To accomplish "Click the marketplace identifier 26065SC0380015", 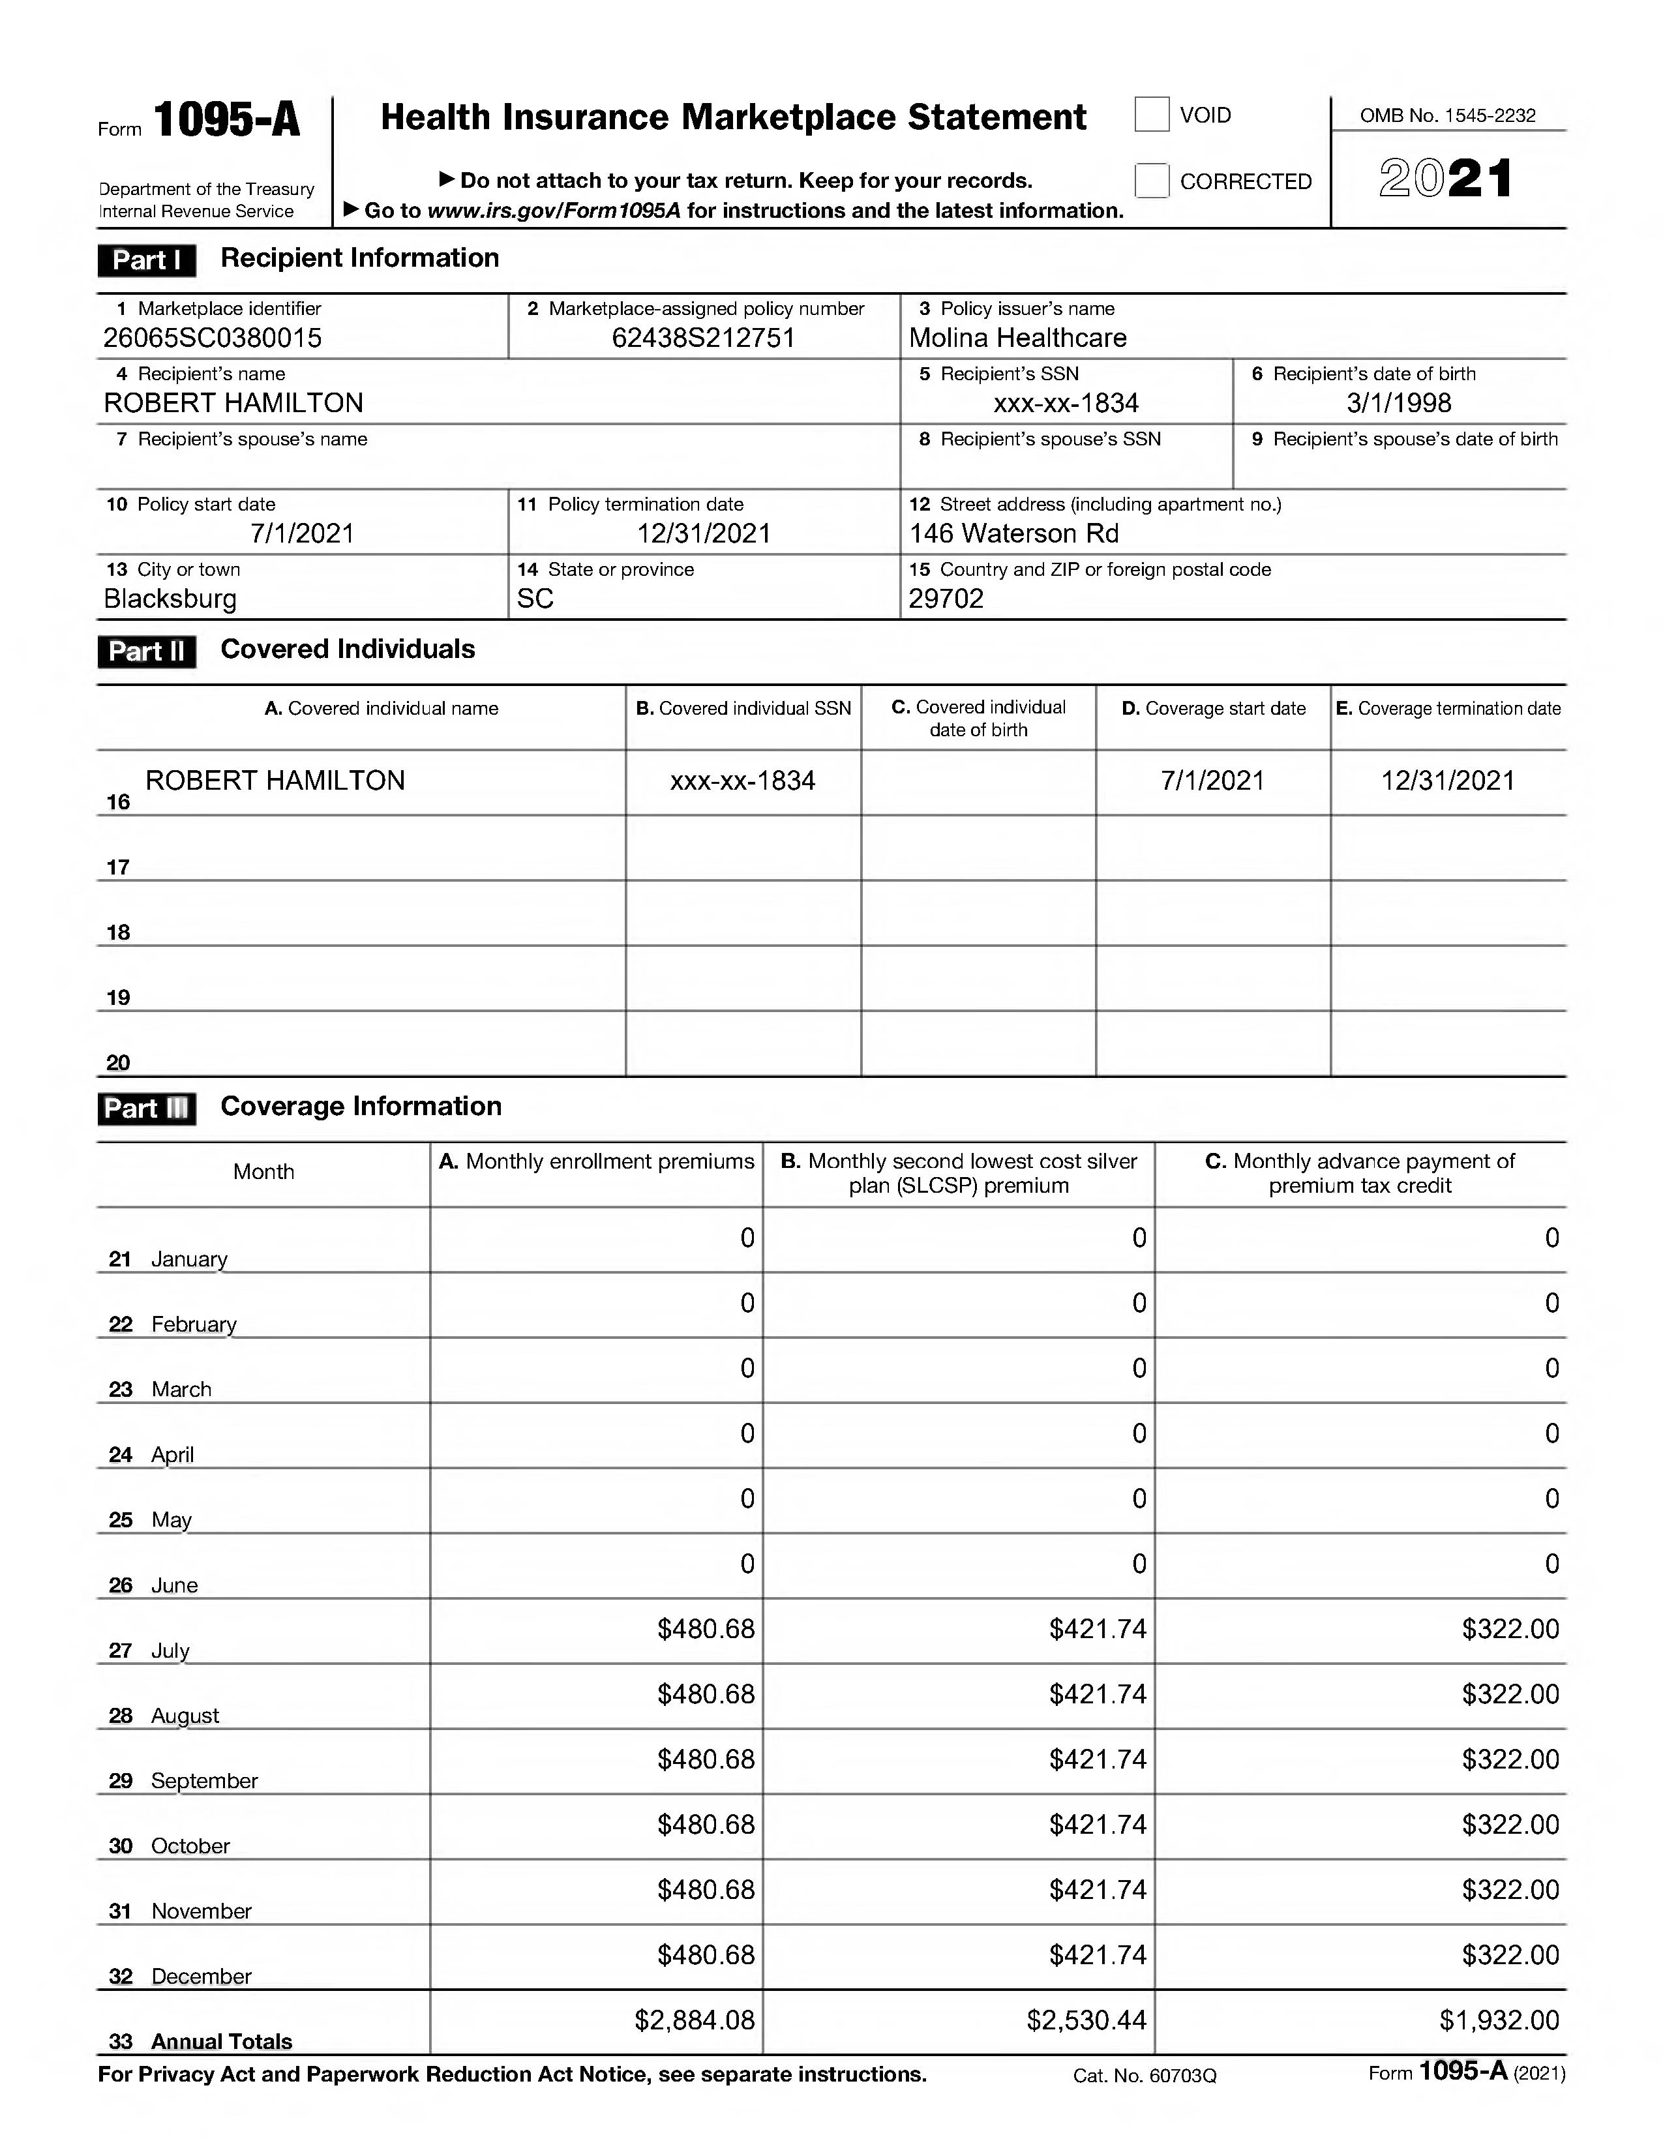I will click(212, 338).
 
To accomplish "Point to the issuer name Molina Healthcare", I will click(1017, 338).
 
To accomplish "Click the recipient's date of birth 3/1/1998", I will click(1398, 403).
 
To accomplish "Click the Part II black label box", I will click(146, 651).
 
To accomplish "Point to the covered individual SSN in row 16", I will click(742, 781).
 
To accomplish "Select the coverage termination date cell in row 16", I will click(1447, 781).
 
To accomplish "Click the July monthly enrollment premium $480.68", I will click(706, 1629).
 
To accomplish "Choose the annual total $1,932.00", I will click(1499, 2021).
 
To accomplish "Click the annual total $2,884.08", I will click(694, 2021).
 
